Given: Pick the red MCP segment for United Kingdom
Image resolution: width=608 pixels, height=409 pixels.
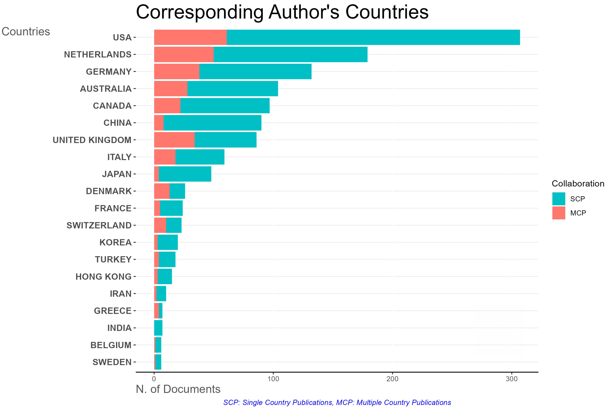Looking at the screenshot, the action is [174, 140].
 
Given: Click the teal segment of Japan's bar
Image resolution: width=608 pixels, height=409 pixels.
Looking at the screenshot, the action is [185, 174].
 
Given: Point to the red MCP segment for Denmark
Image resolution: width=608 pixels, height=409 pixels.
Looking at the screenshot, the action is [162, 191].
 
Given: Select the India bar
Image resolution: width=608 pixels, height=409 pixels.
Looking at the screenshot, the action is [158, 328].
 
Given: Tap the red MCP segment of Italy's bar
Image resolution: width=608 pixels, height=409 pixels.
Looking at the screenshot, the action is [165, 157].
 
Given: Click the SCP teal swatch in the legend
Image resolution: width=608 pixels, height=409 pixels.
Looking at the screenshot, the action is [559, 199].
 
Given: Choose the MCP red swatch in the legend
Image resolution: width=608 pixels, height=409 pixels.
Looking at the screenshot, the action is [559, 213].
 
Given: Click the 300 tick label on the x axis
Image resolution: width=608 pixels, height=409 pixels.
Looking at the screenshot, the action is [512, 379].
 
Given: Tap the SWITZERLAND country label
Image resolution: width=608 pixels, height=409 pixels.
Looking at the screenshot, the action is [99, 225].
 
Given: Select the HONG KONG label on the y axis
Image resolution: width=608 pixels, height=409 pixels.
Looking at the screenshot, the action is [103, 277].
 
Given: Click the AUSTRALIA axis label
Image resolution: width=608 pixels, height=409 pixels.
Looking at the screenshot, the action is [106, 89].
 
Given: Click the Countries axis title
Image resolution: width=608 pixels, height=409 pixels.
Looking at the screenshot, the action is [26, 32].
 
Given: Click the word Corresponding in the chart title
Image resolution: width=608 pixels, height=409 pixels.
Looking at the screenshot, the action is [200, 12].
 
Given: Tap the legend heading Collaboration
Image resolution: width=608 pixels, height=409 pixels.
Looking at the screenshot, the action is [578, 184].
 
